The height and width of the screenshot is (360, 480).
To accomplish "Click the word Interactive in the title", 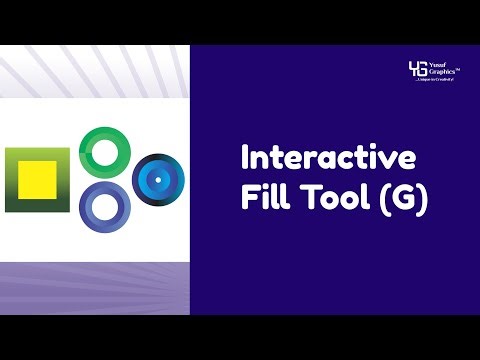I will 329,159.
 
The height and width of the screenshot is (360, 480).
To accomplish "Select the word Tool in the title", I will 332,198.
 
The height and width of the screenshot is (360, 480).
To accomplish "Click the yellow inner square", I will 38,180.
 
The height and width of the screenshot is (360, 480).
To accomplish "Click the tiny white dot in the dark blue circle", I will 157,179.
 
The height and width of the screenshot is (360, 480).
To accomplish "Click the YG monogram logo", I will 418,69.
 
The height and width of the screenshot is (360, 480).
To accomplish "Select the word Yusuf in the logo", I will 441,64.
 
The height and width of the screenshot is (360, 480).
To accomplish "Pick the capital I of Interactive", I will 246,159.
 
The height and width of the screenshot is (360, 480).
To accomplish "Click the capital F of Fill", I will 248,198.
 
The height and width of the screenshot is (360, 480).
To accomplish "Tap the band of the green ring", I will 85,150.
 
